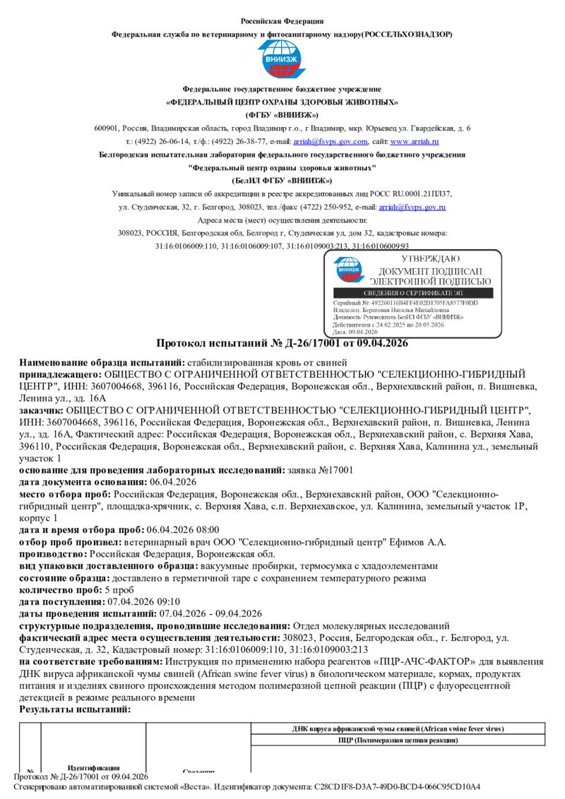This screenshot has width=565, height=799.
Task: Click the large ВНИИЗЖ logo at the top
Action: click(x=282, y=61)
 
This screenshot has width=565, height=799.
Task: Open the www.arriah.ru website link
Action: click(x=420, y=141)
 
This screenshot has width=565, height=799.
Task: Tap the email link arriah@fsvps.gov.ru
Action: click(x=412, y=207)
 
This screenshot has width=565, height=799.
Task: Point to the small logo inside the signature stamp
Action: click(x=349, y=270)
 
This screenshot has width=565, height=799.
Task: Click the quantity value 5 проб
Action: click(x=119, y=589)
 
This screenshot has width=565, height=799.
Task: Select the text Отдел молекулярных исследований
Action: click(x=371, y=625)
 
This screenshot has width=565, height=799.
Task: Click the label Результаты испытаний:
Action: click(x=75, y=709)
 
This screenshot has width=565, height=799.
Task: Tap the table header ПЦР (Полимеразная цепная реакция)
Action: click(x=397, y=740)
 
